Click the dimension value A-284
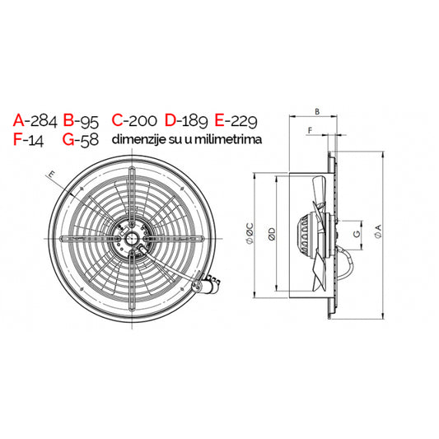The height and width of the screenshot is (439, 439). pos(35,121)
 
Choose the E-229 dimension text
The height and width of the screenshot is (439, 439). pos(236,121)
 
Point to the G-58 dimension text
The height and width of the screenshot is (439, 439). pos(81,140)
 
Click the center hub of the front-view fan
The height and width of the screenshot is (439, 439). pos(130,240)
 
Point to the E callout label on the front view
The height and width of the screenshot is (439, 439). pos(51,174)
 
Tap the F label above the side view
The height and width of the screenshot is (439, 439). pos(309,130)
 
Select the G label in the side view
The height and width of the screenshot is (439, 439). pos(355,234)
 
